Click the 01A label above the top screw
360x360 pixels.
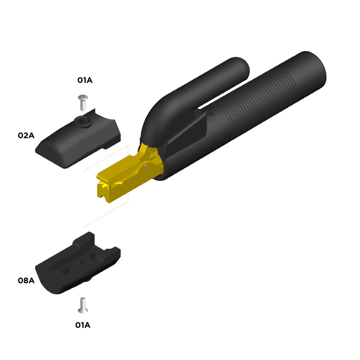[x=85, y=80]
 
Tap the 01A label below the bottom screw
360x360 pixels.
[x=83, y=325]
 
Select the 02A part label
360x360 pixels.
[x=26, y=135]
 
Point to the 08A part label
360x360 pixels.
[x=26, y=280]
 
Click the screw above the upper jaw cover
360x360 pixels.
[x=83, y=102]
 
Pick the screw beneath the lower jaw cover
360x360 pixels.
[x=83, y=305]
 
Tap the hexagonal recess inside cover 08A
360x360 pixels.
[x=66, y=270]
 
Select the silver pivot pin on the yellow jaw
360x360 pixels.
[x=145, y=167]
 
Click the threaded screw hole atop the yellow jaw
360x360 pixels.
[x=128, y=162]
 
